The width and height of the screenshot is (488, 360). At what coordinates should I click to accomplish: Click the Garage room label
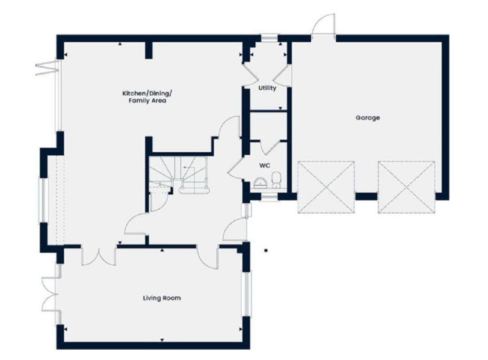pos(368,118)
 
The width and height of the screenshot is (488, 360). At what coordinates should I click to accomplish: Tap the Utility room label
pos(267,88)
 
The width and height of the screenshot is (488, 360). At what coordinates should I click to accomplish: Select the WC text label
pos(264,165)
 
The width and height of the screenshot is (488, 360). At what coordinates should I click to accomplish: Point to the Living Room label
pos(162,298)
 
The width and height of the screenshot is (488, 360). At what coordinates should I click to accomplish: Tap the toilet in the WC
pos(276,180)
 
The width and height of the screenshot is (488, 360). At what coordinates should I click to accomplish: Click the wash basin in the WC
pos(260,183)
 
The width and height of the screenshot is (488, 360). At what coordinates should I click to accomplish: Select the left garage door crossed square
pos(326,187)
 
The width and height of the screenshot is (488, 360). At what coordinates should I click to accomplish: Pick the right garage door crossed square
pos(406,187)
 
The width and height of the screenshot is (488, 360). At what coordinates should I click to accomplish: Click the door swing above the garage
pos(324,24)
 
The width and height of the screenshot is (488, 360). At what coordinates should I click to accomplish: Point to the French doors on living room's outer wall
pos(50,294)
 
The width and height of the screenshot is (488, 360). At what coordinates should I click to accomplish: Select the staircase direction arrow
pos(189,168)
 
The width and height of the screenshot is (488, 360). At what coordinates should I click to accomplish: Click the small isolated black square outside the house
pos(266,250)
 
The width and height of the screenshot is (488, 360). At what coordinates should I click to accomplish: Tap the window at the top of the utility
pos(269,38)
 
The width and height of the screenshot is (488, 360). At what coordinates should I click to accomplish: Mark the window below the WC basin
pos(269,197)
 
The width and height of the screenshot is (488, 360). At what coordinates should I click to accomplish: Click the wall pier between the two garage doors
pos(366,196)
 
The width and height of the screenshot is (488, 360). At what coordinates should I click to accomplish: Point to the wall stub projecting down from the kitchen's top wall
pos(149,50)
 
